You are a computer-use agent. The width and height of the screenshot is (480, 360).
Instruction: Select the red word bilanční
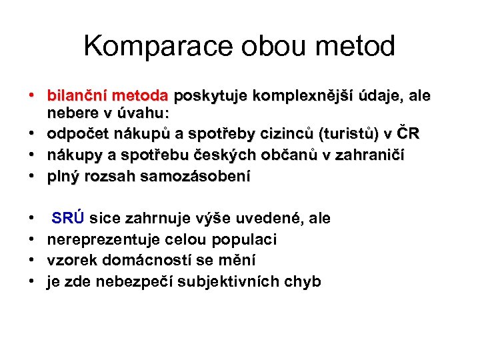click(x=73, y=95)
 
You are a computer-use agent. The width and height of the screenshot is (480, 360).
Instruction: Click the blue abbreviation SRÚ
click(x=68, y=218)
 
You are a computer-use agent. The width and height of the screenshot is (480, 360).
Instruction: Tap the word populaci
click(x=245, y=239)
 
